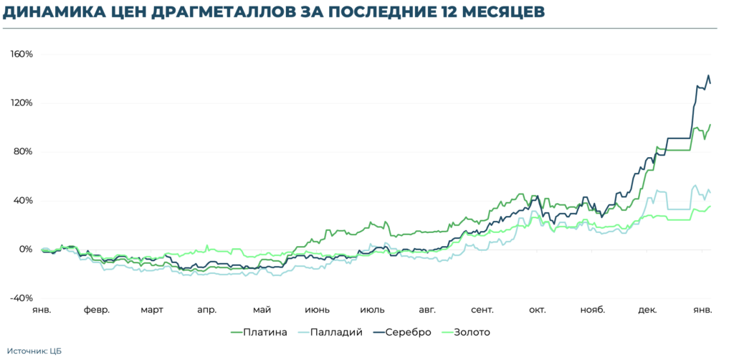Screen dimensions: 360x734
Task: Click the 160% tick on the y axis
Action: (x=21, y=55)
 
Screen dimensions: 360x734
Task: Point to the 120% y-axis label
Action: (x=21, y=103)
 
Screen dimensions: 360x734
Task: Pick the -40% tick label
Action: (x=21, y=298)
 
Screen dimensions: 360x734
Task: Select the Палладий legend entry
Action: (x=336, y=332)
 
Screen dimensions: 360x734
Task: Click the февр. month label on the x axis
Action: (x=97, y=311)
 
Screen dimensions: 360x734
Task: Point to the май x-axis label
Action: (x=262, y=311)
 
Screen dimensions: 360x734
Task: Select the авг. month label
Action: (x=427, y=311)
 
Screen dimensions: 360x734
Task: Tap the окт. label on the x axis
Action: (x=537, y=311)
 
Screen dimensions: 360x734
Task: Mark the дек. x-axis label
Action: (x=647, y=311)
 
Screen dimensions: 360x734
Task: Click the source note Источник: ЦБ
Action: (x=37, y=351)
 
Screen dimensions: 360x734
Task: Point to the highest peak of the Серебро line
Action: (x=709, y=75)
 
